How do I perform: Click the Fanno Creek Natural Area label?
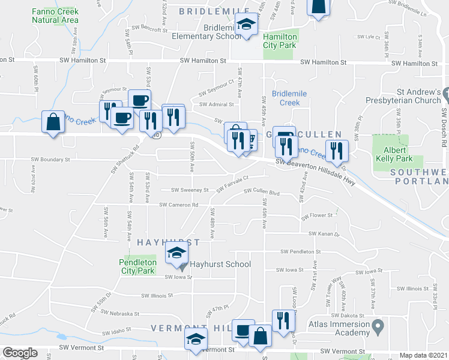point(55,15)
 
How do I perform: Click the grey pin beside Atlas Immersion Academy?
point(378,328)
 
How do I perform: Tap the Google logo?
point(20,353)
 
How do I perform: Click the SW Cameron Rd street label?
point(179,205)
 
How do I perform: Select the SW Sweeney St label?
point(189,190)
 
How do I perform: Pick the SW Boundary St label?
point(51,160)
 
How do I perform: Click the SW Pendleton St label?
point(306,252)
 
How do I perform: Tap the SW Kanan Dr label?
point(324,234)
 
